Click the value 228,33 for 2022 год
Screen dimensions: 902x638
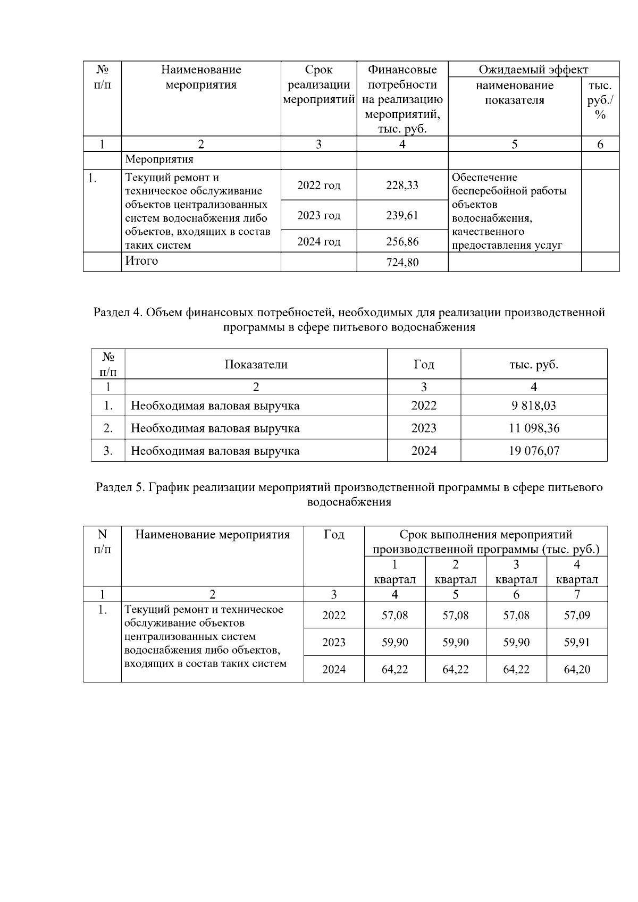click(x=402, y=185)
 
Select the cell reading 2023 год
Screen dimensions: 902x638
click(x=318, y=215)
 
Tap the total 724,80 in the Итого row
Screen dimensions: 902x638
click(x=402, y=263)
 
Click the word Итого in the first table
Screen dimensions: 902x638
click(x=141, y=261)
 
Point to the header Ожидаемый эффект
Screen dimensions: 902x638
click(x=533, y=70)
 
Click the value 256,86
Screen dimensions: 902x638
click(x=402, y=242)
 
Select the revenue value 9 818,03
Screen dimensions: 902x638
click(x=533, y=406)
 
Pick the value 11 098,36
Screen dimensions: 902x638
click(x=533, y=428)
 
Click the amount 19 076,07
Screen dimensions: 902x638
click(x=533, y=451)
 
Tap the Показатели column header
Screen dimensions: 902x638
click(x=256, y=365)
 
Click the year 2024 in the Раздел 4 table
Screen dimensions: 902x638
click(x=424, y=451)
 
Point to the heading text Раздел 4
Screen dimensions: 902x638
click(x=116, y=312)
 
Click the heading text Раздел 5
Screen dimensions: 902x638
click(x=119, y=487)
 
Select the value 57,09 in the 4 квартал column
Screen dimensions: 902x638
click(x=577, y=616)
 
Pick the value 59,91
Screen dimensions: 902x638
click(x=577, y=643)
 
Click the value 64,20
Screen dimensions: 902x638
click(x=577, y=670)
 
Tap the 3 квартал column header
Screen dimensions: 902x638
click(x=516, y=572)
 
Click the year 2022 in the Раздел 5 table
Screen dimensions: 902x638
click(x=334, y=616)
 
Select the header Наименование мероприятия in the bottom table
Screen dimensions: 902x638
click(x=213, y=535)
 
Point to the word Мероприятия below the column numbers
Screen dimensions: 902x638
click(x=159, y=159)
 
